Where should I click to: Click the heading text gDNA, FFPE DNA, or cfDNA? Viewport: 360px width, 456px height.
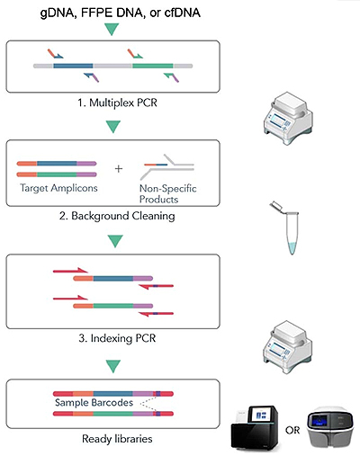tap(121, 13)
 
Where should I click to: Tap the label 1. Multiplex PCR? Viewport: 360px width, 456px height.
tap(117, 103)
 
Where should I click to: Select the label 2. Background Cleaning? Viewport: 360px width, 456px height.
tap(117, 216)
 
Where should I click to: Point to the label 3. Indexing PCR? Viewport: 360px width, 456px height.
tap(117, 338)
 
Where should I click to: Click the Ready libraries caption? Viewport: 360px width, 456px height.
tap(117, 439)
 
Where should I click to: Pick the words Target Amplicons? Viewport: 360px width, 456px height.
tap(58, 188)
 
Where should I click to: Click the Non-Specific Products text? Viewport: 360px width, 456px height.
tap(168, 193)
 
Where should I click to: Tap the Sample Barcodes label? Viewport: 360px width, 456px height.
tap(94, 402)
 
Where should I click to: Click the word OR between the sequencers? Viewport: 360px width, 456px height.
tap(292, 431)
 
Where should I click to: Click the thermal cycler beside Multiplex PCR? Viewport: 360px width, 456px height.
tap(288, 119)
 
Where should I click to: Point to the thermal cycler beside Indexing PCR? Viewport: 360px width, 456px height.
tap(288, 346)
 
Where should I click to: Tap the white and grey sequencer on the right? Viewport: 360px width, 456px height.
tap(330, 427)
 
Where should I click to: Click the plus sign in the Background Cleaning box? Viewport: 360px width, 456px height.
tap(119, 169)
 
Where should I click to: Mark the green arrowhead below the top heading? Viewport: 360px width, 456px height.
tap(112, 29)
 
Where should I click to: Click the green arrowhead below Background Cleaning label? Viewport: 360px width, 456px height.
tap(115, 241)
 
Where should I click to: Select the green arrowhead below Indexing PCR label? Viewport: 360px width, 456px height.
tap(113, 366)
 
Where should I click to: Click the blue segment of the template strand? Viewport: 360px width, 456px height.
tap(73, 66)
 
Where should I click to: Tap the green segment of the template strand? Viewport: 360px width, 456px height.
tap(153, 66)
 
